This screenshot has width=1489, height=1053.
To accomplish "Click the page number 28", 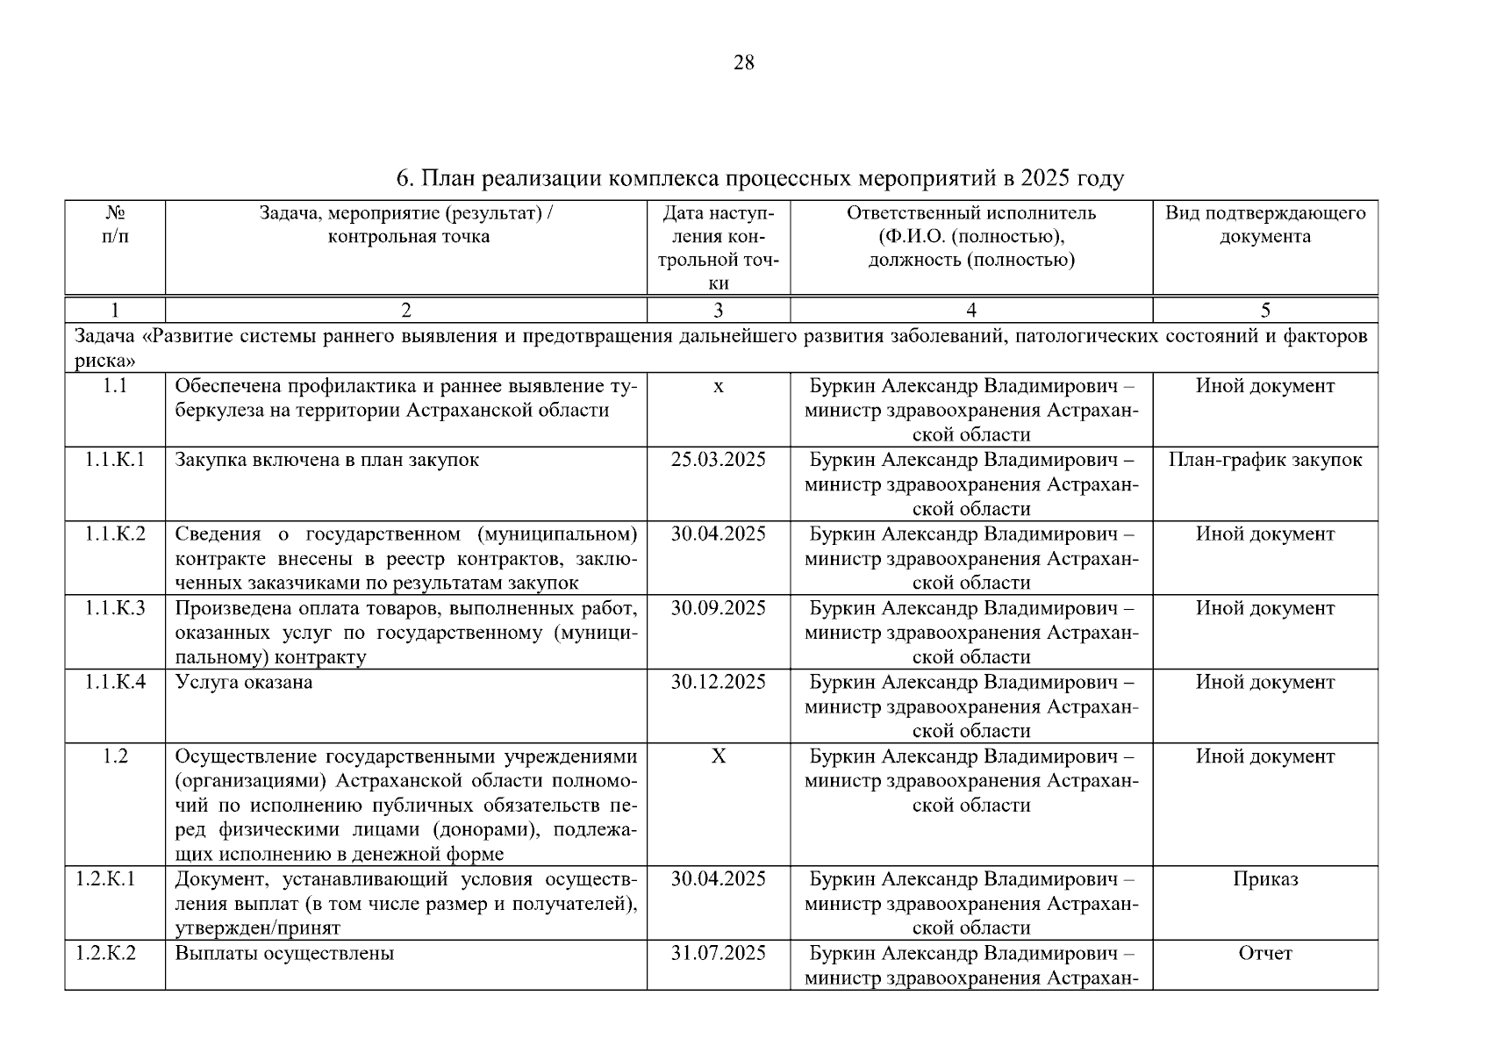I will pyautogui.click(x=743, y=63).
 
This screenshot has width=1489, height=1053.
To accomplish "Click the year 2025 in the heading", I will pyautogui.click(x=1046, y=179).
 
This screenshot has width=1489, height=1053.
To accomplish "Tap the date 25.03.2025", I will pyautogui.click(x=718, y=461).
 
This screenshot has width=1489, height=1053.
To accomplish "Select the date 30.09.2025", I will pyautogui.click(x=718, y=609).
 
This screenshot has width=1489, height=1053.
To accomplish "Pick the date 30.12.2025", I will pyautogui.click(x=718, y=683).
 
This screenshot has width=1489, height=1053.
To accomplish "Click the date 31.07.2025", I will pyautogui.click(x=718, y=954).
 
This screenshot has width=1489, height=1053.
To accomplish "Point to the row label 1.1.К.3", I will pyautogui.click(x=115, y=609).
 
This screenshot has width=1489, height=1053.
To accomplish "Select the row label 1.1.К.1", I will pyautogui.click(x=115, y=461).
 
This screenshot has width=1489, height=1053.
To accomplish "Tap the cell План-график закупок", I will pyautogui.click(x=1264, y=461).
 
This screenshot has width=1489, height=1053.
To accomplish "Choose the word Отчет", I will pyautogui.click(x=1264, y=954).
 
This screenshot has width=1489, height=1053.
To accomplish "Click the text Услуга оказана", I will pyautogui.click(x=243, y=683).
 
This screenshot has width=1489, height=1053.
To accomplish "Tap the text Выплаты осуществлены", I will pyautogui.click(x=284, y=954).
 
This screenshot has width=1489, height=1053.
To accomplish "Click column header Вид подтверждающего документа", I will pyautogui.click(x=1264, y=226).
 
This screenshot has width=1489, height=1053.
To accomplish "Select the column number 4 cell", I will pyautogui.click(x=970, y=310).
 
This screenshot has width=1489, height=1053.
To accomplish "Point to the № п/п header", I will pyautogui.click(x=115, y=226).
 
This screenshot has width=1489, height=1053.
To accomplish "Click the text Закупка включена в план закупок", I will pyautogui.click(x=326, y=461).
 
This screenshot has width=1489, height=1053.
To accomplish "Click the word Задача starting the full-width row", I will pyautogui.click(x=104, y=337).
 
